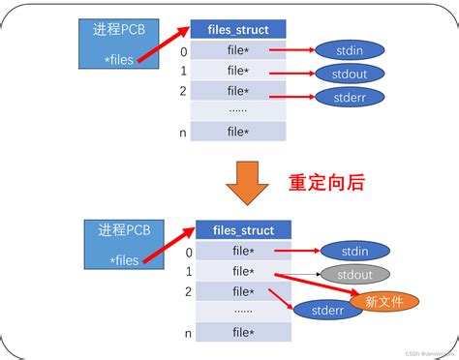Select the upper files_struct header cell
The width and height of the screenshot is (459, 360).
[x=236, y=29]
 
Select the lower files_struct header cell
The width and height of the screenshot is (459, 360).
[x=243, y=230]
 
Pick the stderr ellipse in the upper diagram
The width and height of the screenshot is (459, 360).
[x=349, y=97]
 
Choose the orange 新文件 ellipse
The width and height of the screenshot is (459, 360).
[x=383, y=302]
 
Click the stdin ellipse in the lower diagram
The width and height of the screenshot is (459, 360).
[x=353, y=251]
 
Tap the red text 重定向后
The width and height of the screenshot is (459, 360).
[x=328, y=181]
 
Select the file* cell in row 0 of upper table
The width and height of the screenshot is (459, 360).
[x=236, y=49]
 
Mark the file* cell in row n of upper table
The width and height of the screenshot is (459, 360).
[x=236, y=132]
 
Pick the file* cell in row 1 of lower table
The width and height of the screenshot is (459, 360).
[x=243, y=271]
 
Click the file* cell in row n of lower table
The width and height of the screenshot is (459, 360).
[x=243, y=332]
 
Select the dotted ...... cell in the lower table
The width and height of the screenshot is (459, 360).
[x=243, y=312]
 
